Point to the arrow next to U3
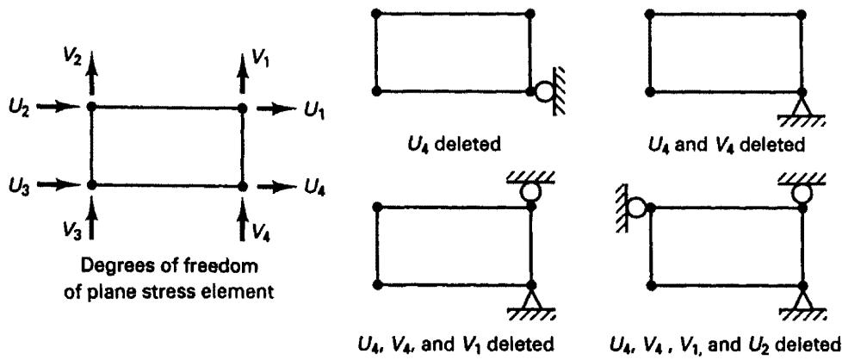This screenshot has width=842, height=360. pyautogui.click(x=60, y=184)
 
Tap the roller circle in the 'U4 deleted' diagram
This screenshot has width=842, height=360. pyautogui.click(x=543, y=91)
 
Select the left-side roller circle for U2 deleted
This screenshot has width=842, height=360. pyautogui.click(x=637, y=208)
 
